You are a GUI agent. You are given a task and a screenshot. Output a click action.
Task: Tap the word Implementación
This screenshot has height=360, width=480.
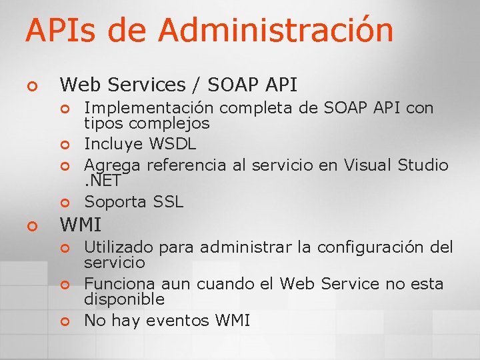(149, 108)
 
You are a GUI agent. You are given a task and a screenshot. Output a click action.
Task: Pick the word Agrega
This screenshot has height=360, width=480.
(113, 165)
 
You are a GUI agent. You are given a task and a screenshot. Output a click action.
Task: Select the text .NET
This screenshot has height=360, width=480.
(101, 180)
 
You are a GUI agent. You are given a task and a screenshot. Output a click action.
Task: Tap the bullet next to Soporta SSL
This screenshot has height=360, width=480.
(65, 202)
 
